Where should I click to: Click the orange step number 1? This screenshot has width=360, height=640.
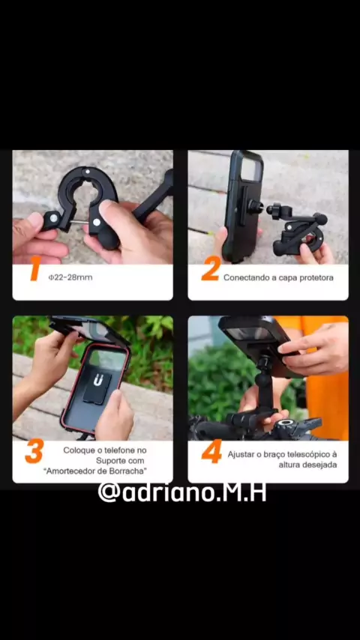tap(35, 268)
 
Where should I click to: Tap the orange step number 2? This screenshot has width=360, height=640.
tap(211, 268)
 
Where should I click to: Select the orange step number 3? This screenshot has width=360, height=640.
tap(34, 451)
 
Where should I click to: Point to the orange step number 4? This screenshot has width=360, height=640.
tap(211, 451)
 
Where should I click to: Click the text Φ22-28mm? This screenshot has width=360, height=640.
tap(70, 277)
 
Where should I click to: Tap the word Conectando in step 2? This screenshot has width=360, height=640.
tap(244, 278)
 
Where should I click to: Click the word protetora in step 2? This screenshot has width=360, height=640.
tap(316, 278)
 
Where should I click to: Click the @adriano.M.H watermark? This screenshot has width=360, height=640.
tap(182, 492)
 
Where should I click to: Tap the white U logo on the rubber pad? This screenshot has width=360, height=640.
tap(97, 381)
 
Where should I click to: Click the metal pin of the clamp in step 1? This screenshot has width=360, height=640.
tap(79, 223)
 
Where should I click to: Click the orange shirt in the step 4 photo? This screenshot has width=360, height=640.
tap(322, 380)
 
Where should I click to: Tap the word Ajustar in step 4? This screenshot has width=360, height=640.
tap(240, 455)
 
